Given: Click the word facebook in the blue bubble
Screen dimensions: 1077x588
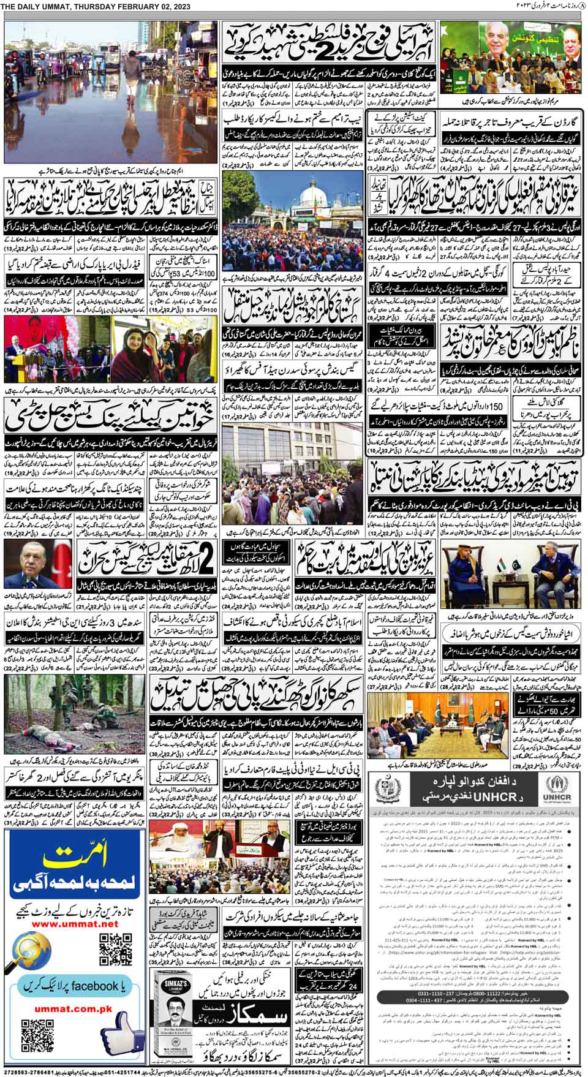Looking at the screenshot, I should tap(94, 986).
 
